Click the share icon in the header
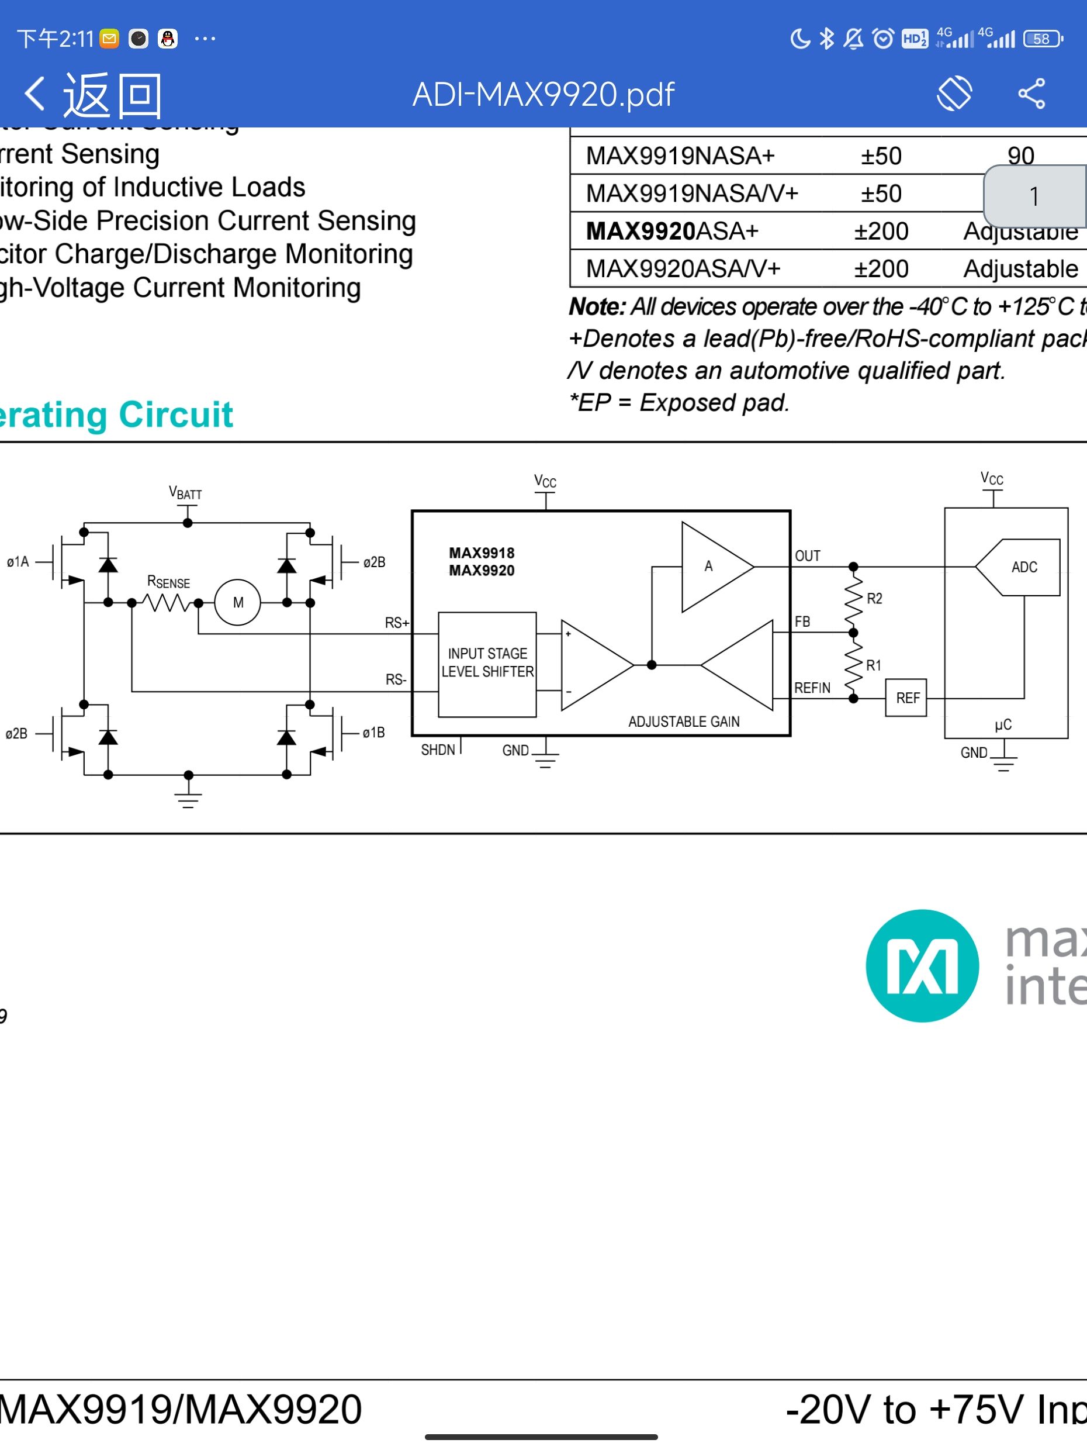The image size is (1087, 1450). pos(1031,94)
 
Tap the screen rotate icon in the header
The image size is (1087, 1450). pos(953,94)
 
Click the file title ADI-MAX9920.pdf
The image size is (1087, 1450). pos(543,94)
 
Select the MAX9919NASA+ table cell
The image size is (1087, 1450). pos(680,156)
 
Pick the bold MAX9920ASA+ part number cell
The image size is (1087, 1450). pos(671,232)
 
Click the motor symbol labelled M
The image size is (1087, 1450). pos(238,602)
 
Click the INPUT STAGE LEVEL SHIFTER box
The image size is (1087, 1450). pos(487,664)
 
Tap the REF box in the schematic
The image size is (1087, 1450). pos(907,698)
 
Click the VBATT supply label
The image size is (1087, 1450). pos(185,493)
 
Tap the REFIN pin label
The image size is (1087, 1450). pos(812,688)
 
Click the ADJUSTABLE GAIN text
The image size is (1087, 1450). pos(683,721)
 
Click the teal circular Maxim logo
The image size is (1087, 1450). pos(922,965)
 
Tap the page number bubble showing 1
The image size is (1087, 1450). pos(1034,196)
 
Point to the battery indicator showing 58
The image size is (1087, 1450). pos(1042,39)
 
